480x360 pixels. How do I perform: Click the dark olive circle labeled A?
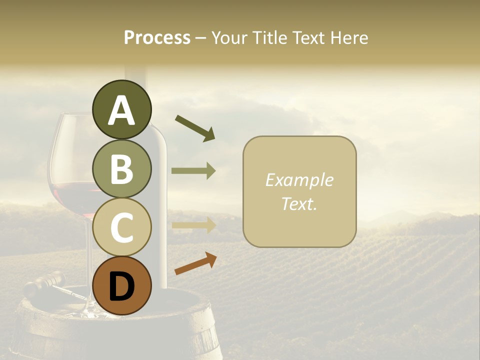coord(121,109)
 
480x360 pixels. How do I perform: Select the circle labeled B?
coord(121,168)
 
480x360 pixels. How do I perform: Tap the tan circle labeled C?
coord(121,227)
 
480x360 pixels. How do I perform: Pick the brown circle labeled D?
coord(121,285)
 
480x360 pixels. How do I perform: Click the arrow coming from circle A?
coord(195,128)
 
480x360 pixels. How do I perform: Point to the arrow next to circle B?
coord(193,171)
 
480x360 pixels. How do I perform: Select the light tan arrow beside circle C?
coord(193,225)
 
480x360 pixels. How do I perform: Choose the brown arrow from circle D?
coord(195,263)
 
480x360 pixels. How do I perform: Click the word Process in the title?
coord(157,37)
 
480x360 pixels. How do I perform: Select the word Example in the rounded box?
coord(299,180)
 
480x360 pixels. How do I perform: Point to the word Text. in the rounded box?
coord(299,203)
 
